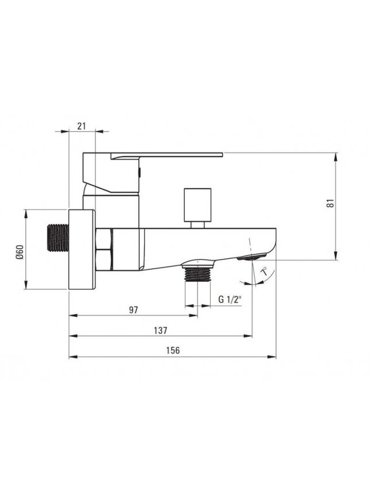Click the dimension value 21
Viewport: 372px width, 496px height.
[82, 126]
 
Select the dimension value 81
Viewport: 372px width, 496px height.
[330, 203]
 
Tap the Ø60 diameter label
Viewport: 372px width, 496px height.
[20, 252]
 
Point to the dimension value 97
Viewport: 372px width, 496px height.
[134, 310]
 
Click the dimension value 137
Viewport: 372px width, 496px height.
[160, 331]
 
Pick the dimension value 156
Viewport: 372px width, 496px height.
[173, 351]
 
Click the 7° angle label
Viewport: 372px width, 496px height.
[264, 272]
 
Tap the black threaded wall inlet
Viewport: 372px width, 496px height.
[58, 238]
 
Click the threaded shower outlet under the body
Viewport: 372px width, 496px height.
[197, 273]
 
